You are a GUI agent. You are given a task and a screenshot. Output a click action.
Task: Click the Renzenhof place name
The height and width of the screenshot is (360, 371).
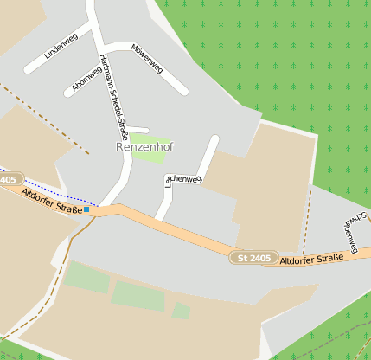tap(144, 147)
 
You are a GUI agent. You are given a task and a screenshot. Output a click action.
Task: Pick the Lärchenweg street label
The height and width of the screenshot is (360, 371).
tap(183, 180)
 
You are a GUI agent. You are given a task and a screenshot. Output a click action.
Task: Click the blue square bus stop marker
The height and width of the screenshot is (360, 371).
tap(86, 209)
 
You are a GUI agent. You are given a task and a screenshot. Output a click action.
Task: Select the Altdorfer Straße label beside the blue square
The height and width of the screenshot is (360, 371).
tap(52, 201)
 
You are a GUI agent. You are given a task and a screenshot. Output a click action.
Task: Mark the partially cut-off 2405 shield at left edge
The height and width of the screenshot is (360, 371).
tap(8, 179)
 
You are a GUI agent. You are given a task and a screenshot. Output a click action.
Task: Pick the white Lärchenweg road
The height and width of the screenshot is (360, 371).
tap(208, 156)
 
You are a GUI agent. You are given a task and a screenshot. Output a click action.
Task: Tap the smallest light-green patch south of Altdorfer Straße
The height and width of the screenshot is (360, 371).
tap(180, 310)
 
